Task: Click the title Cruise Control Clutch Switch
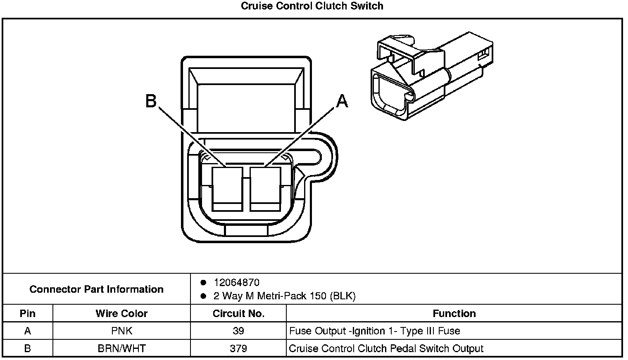tap(312, 6)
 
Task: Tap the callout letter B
tap(151, 101)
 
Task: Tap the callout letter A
tap(342, 101)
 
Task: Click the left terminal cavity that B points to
tap(227, 188)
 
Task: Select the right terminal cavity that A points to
tap(265, 188)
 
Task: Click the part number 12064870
tap(236, 283)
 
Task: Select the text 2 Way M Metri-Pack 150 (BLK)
tap(284, 296)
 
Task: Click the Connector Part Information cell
tap(96, 289)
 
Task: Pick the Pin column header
tap(28, 314)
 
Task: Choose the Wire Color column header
tap(121, 314)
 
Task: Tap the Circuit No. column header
tap(238, 314)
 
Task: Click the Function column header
tap(454, 314)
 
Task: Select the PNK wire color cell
tap(121, 331)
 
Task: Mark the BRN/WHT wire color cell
tap(121, 348)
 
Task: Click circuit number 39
tap(238, 331)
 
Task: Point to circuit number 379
tap(238, 348)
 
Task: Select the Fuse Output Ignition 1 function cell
tap(375, 331)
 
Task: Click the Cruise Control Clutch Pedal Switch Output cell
tap(386, 348)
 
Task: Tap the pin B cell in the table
tap(28, 348)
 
